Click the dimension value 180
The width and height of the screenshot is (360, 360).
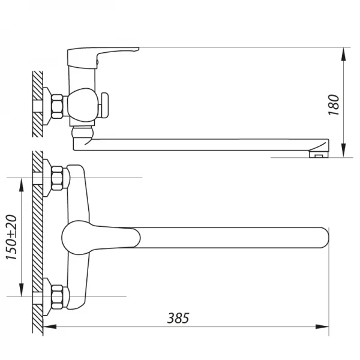[334, 103]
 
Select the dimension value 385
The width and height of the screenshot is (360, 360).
[178, 318]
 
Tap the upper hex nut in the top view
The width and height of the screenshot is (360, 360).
[58, 178]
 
